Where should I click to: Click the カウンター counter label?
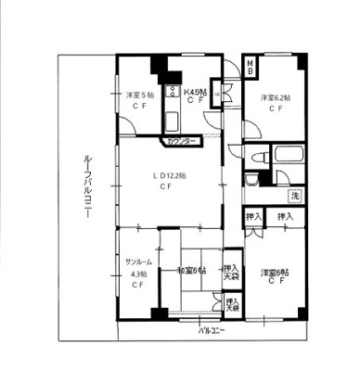(182, 141)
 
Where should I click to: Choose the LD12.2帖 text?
(169, 175)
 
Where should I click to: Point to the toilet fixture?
(252, 181)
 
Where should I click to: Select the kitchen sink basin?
(172, 121)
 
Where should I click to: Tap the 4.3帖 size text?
(138, 274)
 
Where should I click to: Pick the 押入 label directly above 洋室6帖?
(288, 216)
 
